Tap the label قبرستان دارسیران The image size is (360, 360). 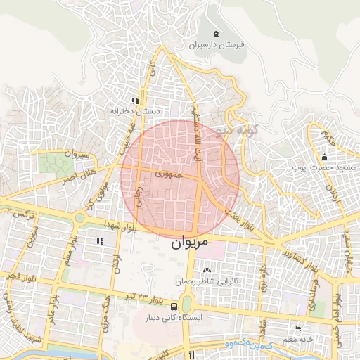216,44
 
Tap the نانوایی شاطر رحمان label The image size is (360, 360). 206,281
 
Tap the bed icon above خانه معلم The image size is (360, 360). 297,329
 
